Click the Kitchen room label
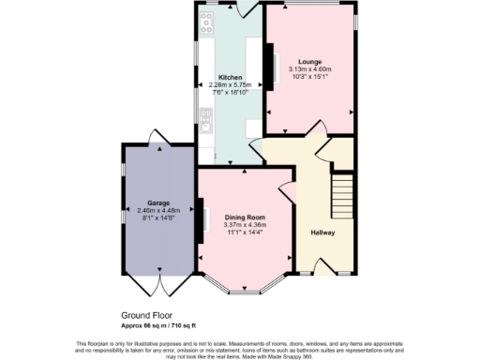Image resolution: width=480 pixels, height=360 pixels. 230,77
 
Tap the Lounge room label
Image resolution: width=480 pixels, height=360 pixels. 310,61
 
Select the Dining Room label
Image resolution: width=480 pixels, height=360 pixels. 245,217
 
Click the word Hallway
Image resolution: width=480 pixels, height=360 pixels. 323,232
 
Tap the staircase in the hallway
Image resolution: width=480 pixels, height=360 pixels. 344,195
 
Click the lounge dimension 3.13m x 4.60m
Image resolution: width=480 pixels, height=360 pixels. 310,69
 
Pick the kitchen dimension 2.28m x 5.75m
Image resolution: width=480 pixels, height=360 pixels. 230,85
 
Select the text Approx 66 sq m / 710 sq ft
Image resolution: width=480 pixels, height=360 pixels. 157,325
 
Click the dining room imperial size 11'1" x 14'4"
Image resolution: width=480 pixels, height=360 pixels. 245,233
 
